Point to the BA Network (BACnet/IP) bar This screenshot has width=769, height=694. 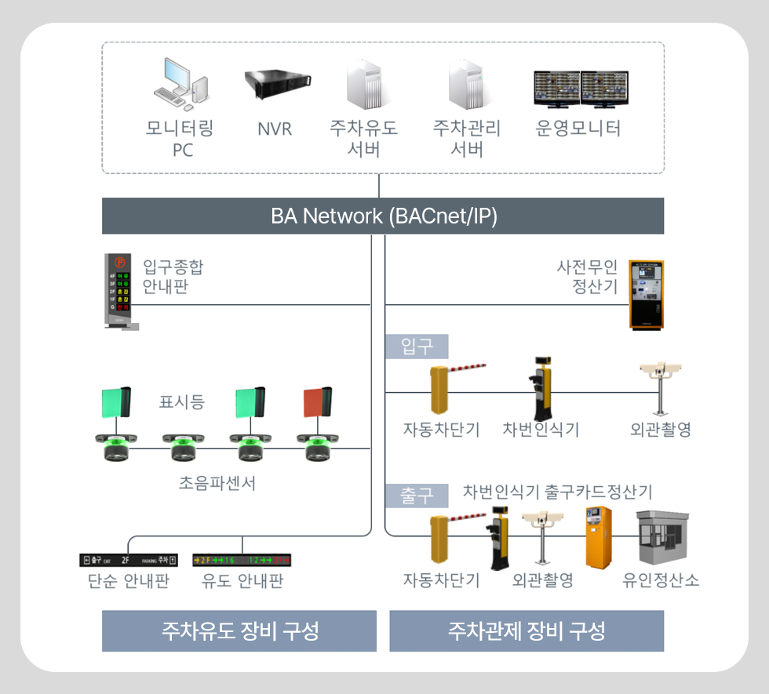click(x=383, y=216)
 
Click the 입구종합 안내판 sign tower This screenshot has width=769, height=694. click(x=118, y=290)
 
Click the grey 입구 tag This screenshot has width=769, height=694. click(x=416, y=346)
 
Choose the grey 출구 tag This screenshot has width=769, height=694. click(x=416, y=496)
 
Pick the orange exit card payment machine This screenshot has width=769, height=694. click(x=598, y=537)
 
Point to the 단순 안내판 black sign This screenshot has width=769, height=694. click(x=129, y=560)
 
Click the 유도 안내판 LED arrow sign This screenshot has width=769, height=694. click(x=242, y=560)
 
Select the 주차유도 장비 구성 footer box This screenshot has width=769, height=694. click(x=240, y=631)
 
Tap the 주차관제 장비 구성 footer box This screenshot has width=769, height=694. click(x=527, y=631)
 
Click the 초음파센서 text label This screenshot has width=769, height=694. click(x=217, y=483)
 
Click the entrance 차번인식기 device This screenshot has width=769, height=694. click(x=540, y=389)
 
